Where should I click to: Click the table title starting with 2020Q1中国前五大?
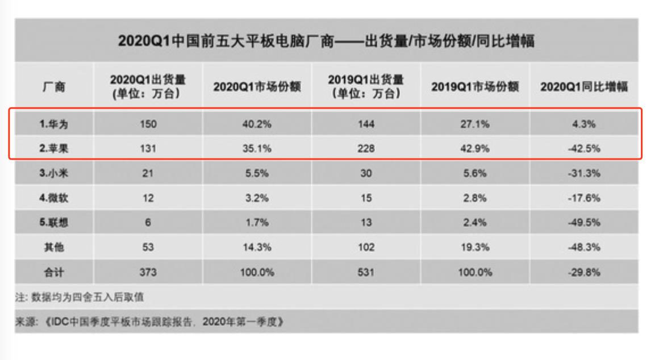click(x=326, y=41)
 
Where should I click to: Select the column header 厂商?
click(x=54, y=87)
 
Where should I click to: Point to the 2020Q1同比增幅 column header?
click(x=584, y=87)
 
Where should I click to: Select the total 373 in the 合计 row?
click(x=148, y=272)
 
